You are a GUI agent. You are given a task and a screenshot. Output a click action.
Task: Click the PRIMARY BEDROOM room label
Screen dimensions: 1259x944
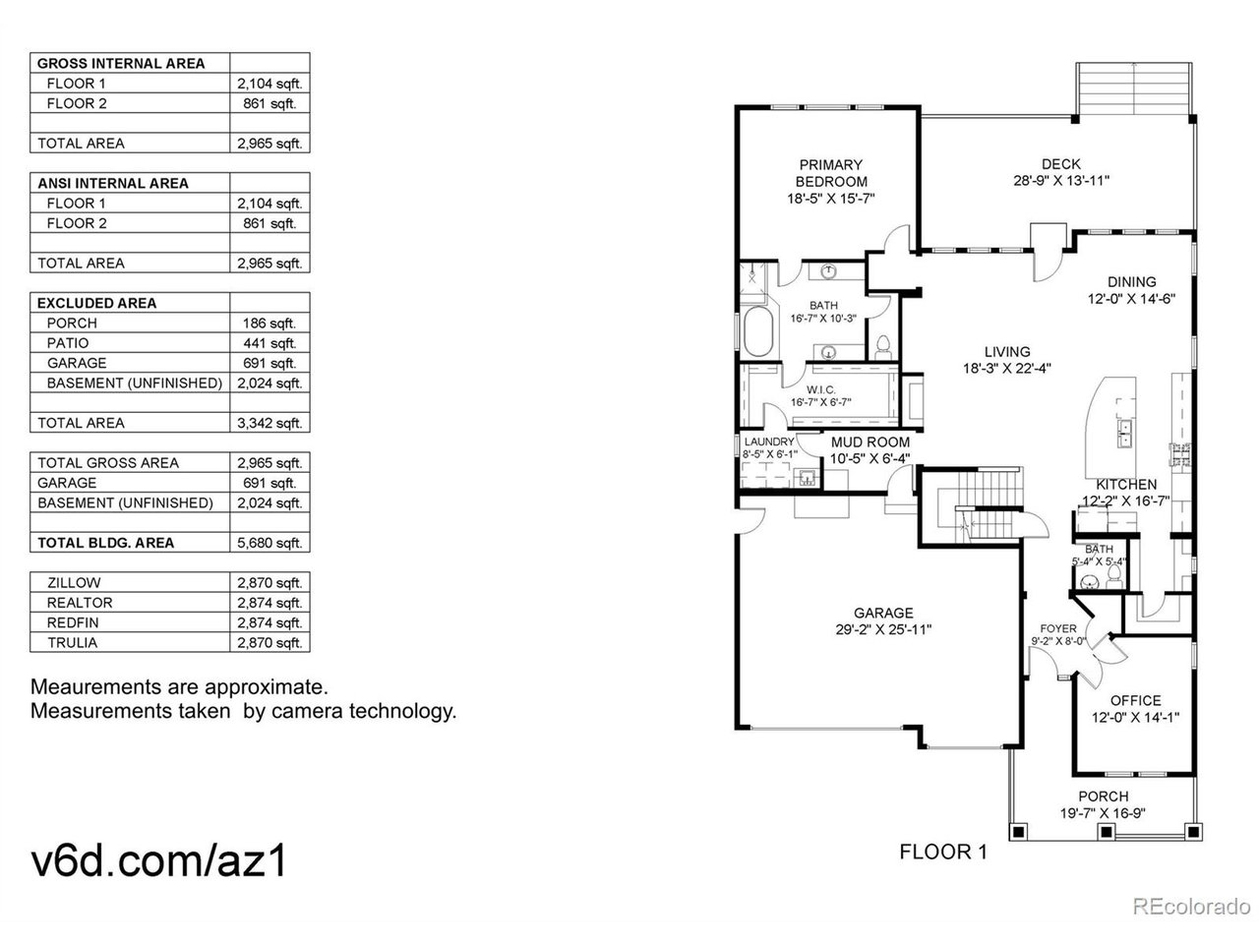(x=830, y=173)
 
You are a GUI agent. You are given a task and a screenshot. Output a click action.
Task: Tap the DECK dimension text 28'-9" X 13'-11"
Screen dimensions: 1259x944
(x=1060, y=181)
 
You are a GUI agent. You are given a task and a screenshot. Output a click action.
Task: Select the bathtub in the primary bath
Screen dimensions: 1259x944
(x=757, y=331)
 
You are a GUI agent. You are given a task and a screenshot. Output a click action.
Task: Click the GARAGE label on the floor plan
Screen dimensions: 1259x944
(x=882, y=613)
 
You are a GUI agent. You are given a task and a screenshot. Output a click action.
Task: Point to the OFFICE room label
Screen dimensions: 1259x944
(x=1135, y=700)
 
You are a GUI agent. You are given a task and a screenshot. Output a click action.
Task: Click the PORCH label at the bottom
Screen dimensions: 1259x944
(x=1103, y=796)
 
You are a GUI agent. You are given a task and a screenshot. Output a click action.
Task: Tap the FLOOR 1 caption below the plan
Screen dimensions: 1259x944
(x=943, y=852)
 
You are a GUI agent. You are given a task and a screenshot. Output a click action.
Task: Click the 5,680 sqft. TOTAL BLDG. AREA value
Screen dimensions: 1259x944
(x=269, y=542)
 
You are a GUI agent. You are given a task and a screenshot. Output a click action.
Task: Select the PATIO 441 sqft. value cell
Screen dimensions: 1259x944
(x=269, y=343)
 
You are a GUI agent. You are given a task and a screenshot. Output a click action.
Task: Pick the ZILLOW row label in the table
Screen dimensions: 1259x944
(x=74, y=582)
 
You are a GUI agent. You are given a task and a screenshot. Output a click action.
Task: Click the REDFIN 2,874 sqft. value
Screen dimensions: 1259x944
(x=269, y=622)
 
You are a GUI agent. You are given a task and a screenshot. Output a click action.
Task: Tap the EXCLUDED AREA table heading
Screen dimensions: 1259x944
(x=96, y=303)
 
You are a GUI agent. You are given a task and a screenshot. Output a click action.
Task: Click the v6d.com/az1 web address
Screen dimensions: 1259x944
(x=158, y=860)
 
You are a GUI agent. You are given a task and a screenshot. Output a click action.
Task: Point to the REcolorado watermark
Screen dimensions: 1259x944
(x=1191, y=907)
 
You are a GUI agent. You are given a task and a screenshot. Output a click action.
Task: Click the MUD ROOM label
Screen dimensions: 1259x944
(x=869, y=442)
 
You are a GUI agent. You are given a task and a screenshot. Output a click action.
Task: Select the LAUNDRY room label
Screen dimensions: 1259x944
(x=768, y=442)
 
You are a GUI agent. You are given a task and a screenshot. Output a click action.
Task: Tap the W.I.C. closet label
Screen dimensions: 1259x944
(x=820, y=389)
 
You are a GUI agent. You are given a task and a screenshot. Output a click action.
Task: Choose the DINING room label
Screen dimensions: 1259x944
(x=1131, y=281)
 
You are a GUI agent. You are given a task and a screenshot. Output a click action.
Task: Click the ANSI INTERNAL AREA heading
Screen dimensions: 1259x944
(x=112, y=183)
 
